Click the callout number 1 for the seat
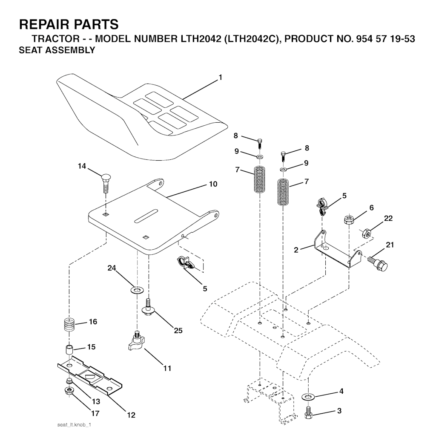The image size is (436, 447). (220, 77)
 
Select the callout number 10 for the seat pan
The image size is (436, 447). (213, 184)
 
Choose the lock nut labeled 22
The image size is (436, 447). (367, 233)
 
